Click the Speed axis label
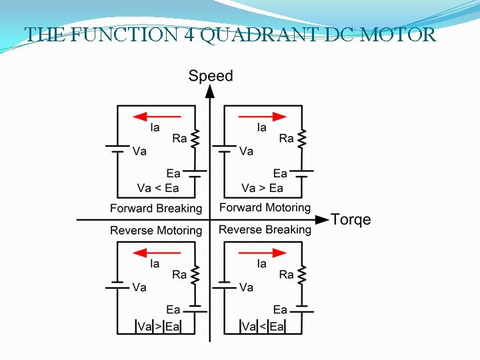tap(211, 75)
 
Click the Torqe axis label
tap(351, 220)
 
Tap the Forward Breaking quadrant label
tap(156, 208)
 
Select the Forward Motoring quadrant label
tap(265, 207)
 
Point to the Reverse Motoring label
tap(156, 231)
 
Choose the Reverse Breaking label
tap(265, 230)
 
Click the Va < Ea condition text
tap(158, 188)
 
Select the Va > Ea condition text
tap(262, 188)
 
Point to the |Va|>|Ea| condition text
tap(158, 326)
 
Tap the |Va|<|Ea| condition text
tap(262, 326)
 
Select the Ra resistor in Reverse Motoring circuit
tap(195, 275)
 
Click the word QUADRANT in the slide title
tap(251, 35)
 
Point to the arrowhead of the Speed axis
tap(210, 91)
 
